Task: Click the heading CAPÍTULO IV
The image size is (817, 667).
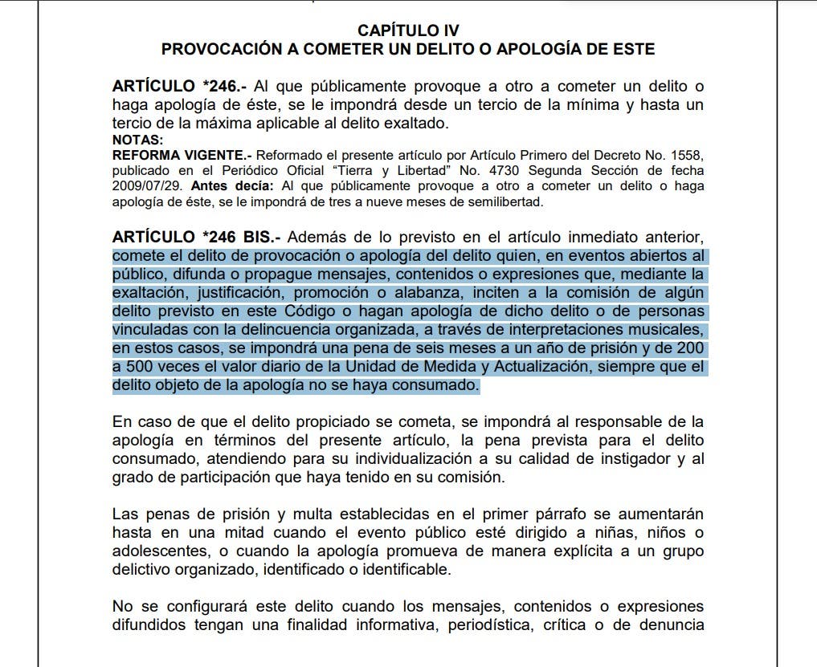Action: (x=408, y=30)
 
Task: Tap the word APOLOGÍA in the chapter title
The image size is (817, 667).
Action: (x=541, y=49)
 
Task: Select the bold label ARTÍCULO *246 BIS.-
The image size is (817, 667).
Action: (x=196, y=238)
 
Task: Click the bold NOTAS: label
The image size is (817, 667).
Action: (x=138, y=140)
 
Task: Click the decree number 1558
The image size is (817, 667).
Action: (x=690, y=155)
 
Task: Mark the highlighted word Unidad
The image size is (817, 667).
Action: (x=375, y=367)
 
